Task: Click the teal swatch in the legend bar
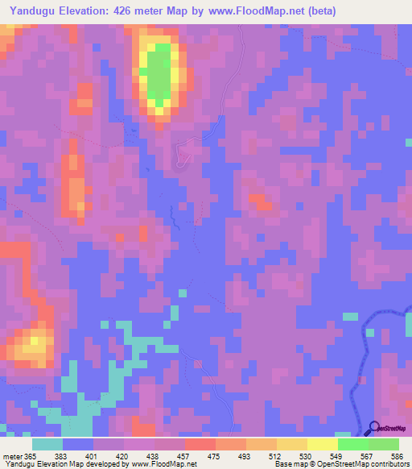pyautogui.click(x=47, y=444)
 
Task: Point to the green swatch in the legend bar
pyautogui.click(x=352, y=444)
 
